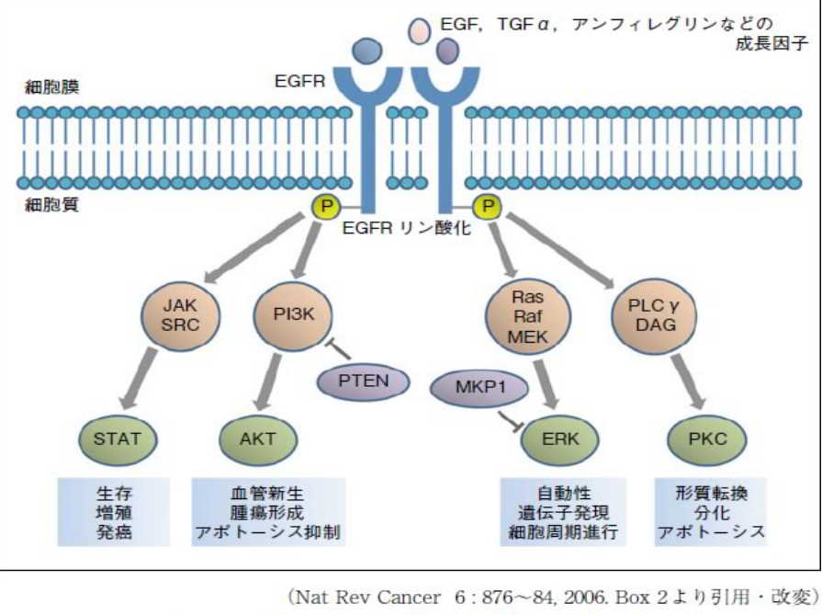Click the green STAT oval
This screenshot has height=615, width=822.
(118, 438)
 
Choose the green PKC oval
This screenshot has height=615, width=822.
(706, 438)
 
